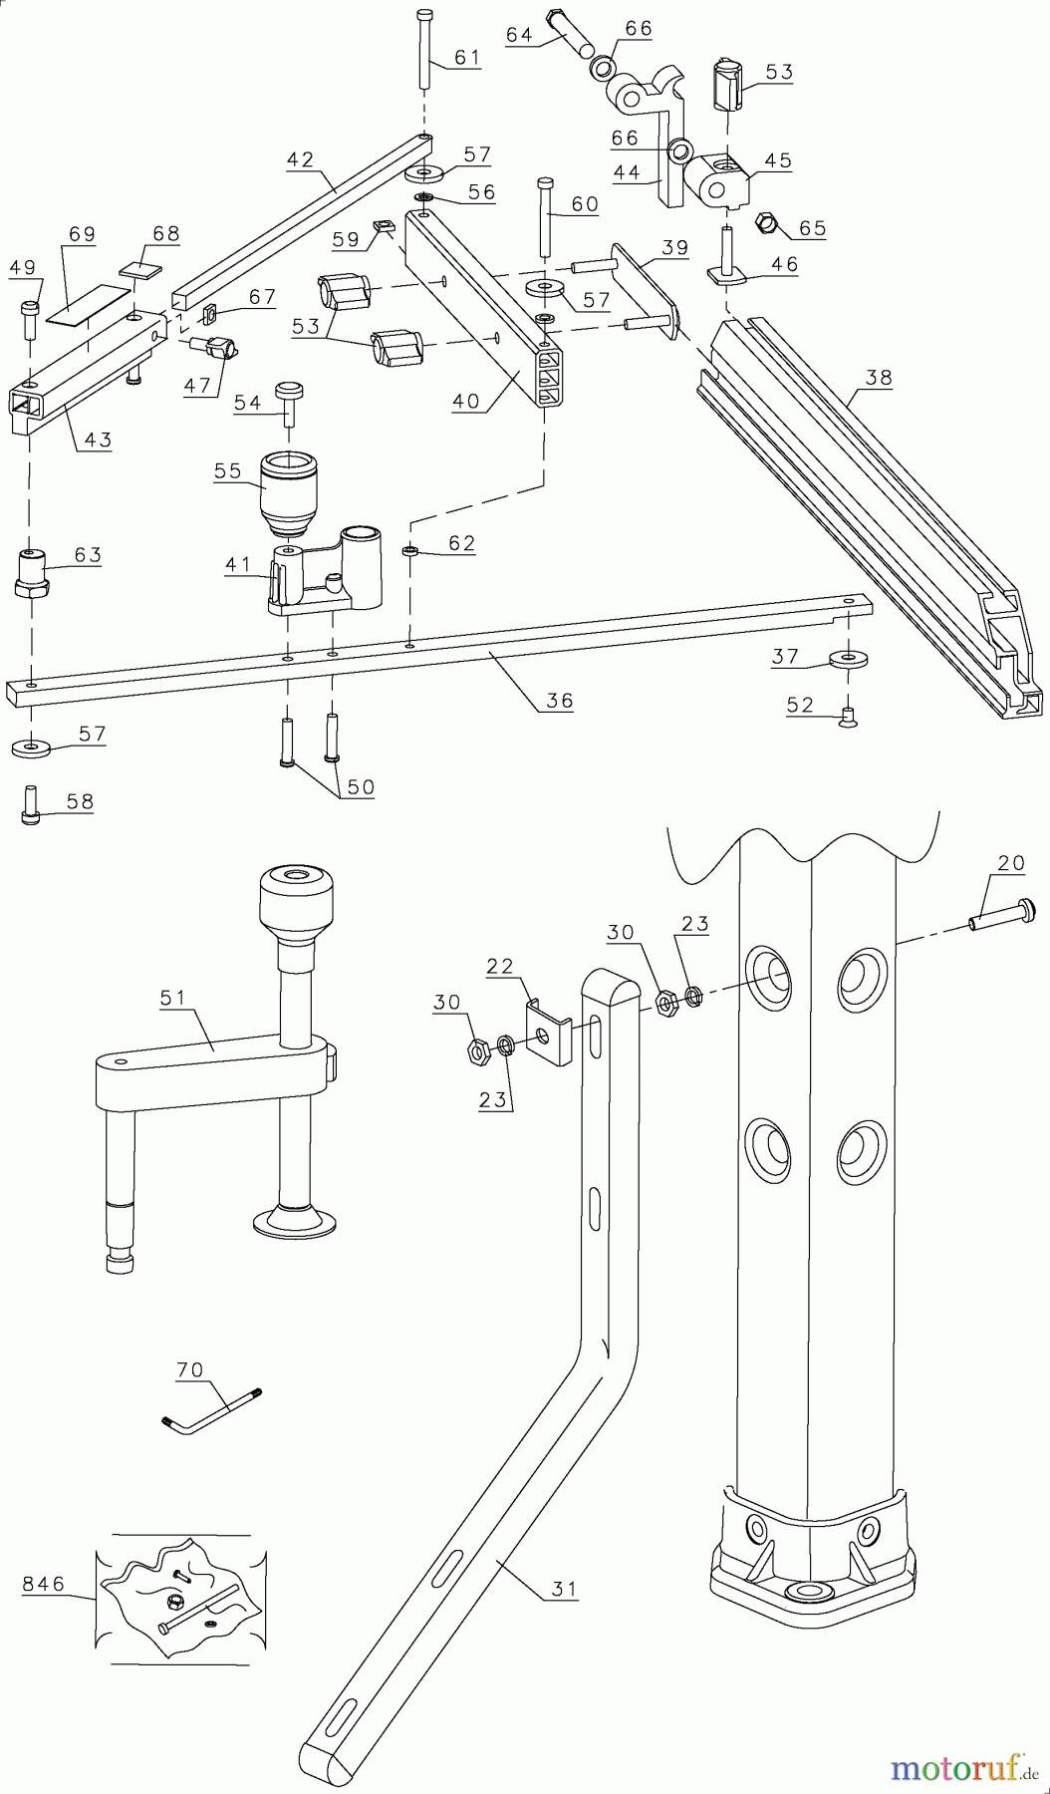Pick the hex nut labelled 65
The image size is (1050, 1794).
coord(768,221)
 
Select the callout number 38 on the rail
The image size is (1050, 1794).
coord(879,379)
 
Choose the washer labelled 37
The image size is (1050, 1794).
coord(846,659)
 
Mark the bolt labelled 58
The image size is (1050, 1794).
coord(31,803)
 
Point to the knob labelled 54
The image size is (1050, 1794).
coord(289,400)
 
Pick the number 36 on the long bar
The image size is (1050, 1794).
coord(560,701)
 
